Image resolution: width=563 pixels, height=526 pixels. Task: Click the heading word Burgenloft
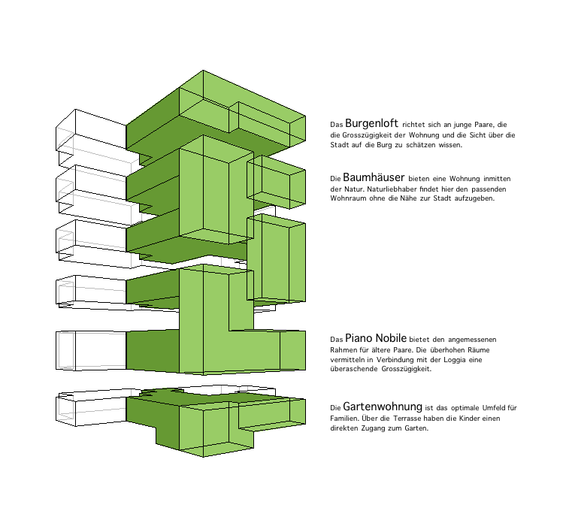point(371,123)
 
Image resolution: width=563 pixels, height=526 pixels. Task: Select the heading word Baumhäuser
point(374,177)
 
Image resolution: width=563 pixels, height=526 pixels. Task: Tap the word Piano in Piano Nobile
point(357,338)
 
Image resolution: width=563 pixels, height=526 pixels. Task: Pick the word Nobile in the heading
point(389,338)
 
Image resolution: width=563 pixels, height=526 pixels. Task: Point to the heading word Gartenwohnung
point(383,407)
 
